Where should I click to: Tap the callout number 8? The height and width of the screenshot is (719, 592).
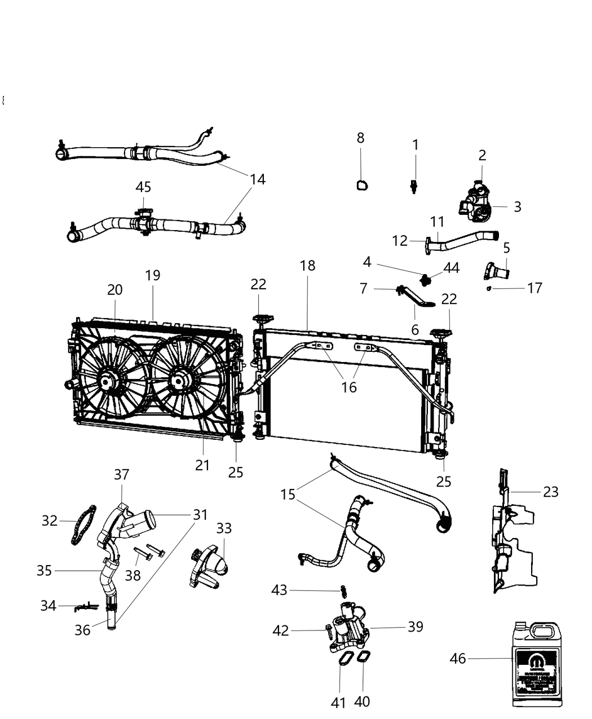tap(361, 138)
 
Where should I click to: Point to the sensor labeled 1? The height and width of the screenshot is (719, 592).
tap(414, 186)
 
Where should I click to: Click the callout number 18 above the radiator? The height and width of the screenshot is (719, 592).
tap(307, 265)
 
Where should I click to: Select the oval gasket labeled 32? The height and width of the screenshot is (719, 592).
tap(83, 526)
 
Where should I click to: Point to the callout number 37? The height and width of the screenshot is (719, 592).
tap(122, 475)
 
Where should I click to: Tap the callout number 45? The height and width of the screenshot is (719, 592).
tap(143, 187)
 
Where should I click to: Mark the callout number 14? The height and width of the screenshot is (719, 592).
tap(258, 179)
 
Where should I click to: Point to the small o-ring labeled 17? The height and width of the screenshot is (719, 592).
tap(489, 288)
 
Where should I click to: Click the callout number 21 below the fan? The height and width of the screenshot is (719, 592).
tap(202, 465)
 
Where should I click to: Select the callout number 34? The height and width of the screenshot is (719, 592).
tap(48, 606)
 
